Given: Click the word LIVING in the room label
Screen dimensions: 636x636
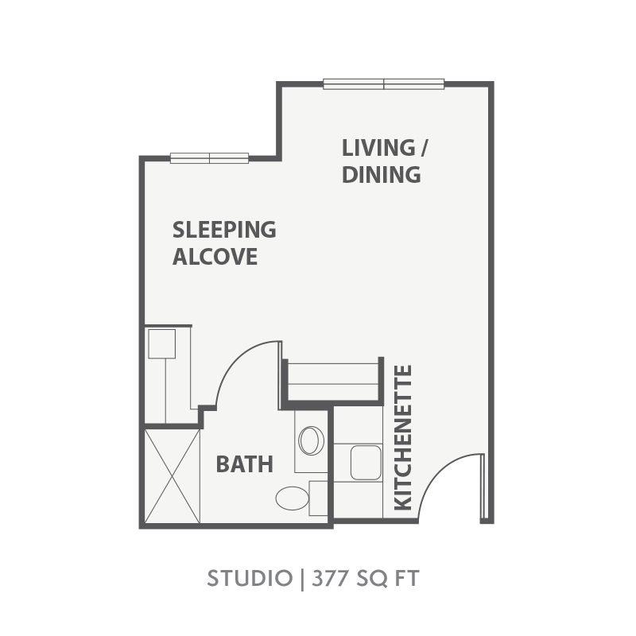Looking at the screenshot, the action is point(378,148).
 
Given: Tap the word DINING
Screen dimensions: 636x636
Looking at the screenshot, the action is point(382,174).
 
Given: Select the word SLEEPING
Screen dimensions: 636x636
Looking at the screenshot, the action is point(224,230).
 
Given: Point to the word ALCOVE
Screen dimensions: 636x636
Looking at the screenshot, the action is point(215,256).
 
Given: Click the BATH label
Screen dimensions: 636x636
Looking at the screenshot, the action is point(245,464).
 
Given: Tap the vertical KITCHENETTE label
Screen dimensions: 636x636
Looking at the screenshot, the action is point(403,438).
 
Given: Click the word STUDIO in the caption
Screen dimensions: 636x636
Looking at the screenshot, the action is point(250,578).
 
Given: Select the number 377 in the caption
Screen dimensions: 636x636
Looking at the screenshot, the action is point(330,578).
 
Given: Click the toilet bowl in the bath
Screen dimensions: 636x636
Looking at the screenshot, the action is point(292,498).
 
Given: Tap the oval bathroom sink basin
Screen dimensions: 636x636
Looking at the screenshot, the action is point(311,440).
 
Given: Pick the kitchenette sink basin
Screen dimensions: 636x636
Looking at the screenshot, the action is point(366,463).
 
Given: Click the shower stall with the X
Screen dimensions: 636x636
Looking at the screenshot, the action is point(173,476).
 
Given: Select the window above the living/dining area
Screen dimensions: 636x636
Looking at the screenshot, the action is point(384,84).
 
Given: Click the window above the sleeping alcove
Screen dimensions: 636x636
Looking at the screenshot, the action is point(209,158).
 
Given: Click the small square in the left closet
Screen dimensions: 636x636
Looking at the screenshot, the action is point(162,343).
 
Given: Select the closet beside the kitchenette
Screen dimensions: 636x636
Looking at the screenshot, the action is point(332,382).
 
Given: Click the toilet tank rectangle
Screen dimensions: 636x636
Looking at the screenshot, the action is point(319,498).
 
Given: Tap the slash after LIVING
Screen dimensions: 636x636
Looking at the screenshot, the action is point(424,148).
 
